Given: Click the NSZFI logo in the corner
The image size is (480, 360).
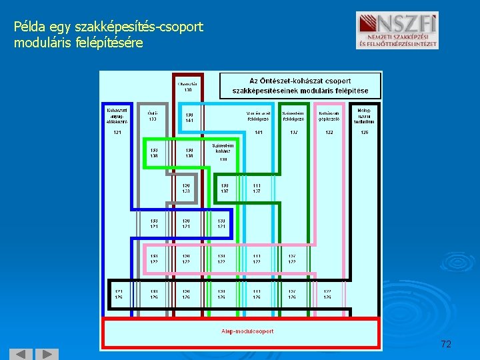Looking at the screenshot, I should point(397,31).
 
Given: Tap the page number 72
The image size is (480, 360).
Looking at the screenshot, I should point(446,344).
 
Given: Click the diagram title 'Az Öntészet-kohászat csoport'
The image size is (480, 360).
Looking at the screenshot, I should point(300,81).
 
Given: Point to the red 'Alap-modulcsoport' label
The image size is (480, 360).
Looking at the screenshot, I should point(247,331).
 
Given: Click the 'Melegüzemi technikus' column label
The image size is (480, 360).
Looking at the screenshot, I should point(365,115).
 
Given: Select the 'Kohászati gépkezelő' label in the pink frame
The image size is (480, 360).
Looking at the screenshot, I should point(329,116).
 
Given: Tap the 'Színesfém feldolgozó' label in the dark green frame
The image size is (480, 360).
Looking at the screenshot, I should point(293,116).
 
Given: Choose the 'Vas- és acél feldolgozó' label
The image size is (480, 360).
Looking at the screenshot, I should point(257,116).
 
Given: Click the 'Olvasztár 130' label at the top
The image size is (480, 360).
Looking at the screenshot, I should point(187,87).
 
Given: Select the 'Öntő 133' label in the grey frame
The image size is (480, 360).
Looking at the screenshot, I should point(153,116).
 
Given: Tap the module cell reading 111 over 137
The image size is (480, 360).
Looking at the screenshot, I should point(257,188).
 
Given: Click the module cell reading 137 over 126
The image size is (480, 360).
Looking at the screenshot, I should point(292,294).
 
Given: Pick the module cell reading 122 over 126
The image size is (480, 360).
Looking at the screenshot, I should point(327,294).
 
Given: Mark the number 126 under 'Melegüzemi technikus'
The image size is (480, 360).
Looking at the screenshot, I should point(364,133).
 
